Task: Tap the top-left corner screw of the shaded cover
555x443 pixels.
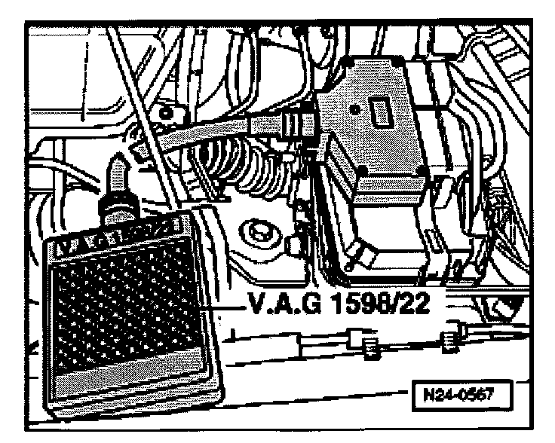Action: [x=327, y=98]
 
